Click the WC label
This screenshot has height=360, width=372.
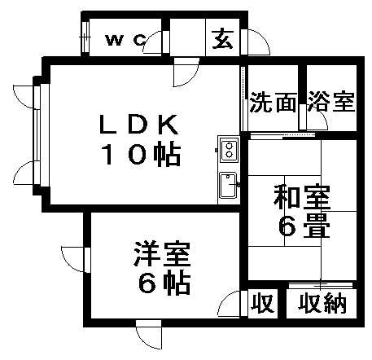(x=126, y=41)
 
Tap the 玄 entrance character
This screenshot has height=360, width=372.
(x=223, y=39)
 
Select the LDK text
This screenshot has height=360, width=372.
(x=138, y=125)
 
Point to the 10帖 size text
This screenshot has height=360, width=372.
(x=141, y=155)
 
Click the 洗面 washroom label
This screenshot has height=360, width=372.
(x=273, y=102)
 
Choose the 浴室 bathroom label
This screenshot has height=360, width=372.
(x=331, y=102)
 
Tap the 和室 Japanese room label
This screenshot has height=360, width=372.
(x=302, y=197)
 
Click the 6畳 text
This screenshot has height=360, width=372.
(x=304, y=226)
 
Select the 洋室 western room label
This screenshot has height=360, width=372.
(x=162, y=254)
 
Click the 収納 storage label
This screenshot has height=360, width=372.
(x=322, y=303)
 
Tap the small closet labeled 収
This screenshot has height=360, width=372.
(x=262, y=303)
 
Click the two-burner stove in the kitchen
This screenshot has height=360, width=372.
(x=230, y=150)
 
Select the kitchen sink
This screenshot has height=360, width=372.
(x=228, y=185)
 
